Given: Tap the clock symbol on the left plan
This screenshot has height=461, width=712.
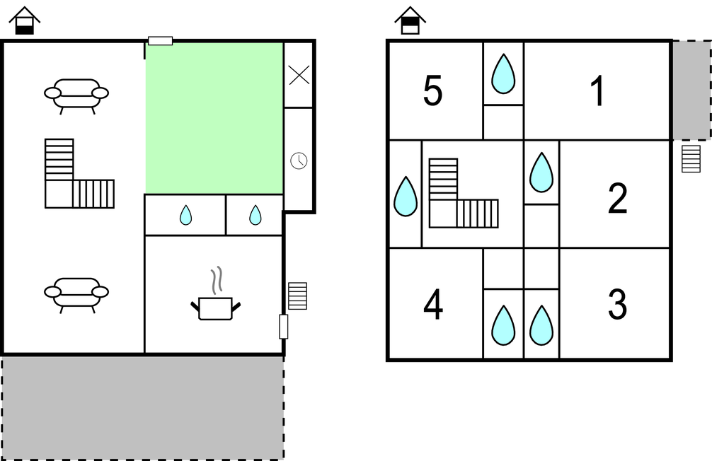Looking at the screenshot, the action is tap(299, 161).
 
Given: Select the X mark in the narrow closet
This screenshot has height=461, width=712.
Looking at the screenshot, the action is tap(299, 75).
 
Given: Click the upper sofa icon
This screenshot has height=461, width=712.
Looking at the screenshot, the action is tap(76, 95).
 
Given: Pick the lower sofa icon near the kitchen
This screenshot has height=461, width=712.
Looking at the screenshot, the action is tap(76, 294).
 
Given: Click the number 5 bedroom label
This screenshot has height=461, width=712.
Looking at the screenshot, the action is tap(432, 91).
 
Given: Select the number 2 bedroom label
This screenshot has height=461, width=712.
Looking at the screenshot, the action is tap(618, 198).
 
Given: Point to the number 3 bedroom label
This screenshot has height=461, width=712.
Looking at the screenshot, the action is tap(618, 305).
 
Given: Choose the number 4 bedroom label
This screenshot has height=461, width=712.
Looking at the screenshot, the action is tap(433, 305).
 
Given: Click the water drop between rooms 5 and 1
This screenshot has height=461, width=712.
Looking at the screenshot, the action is tap(503, 74).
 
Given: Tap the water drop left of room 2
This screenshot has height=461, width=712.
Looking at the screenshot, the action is tap(541, 173).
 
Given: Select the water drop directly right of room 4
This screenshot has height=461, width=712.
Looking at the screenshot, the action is tap(503, 325).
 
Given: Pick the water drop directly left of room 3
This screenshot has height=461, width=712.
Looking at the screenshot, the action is tap(541, 325).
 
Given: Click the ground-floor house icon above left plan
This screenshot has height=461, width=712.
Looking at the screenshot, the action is tap(25, 21).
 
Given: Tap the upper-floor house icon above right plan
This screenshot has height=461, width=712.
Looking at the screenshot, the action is tap(410, 21).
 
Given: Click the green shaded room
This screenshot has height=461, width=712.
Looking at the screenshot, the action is tap(214, 118).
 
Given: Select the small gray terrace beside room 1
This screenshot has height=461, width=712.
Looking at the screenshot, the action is tap(691, 90).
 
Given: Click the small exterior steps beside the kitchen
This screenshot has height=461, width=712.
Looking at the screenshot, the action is tap(297, 296).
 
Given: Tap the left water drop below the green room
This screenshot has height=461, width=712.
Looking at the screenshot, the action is tap(185, 215).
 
